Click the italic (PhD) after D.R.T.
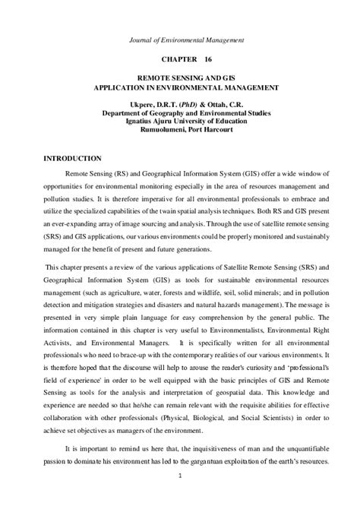click(187, 101)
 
